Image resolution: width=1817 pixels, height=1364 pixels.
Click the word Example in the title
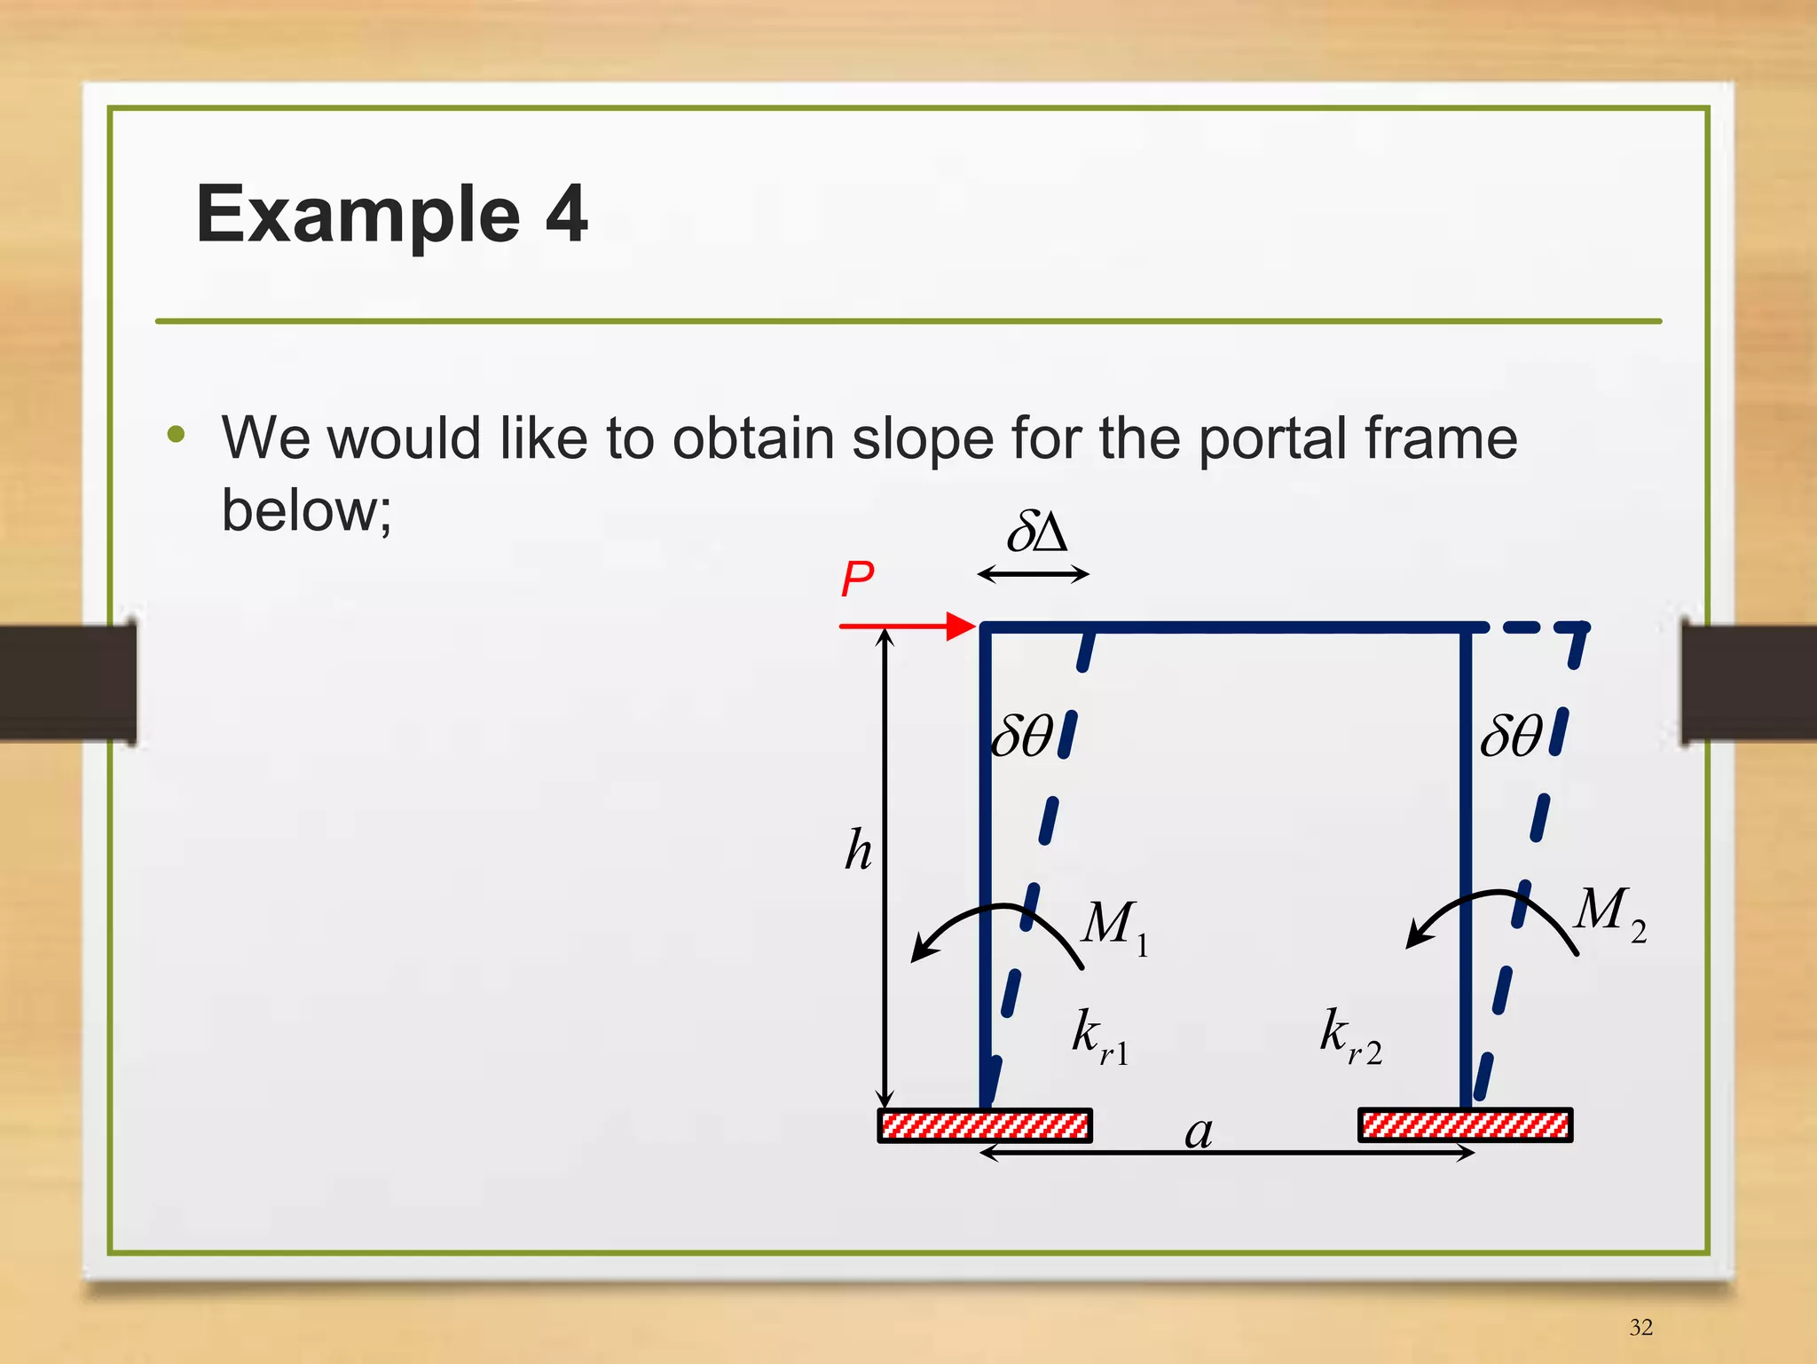tap(358, 214)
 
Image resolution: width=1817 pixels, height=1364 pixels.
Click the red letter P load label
tap(857, 580)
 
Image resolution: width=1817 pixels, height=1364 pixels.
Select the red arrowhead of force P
tap(961, 626)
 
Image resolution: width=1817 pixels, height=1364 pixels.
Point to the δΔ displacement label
tap(1035, 532)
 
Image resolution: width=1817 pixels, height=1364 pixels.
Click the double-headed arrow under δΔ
tap(1033, 575)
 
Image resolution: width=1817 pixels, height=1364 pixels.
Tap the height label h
tap(858, 850)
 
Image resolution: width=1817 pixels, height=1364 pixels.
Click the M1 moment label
tap(1114, 926)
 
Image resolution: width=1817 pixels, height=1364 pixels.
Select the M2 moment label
tap(1609, 912)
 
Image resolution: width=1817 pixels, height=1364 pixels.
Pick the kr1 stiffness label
tap(1099, 1036)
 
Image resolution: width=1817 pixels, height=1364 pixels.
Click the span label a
tap(1199, 1132)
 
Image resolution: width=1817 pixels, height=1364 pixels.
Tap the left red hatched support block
tap(985, 1125)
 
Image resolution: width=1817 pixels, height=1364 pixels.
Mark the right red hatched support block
tap(1466, 1125)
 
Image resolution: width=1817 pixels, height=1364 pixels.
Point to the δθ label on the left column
tap(1022, 736)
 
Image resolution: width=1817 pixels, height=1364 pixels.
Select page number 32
tap(1640, 1327)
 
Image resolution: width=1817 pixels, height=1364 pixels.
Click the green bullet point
tap(177, 435)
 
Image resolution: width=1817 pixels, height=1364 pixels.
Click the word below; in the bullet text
tap(306, 511)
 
